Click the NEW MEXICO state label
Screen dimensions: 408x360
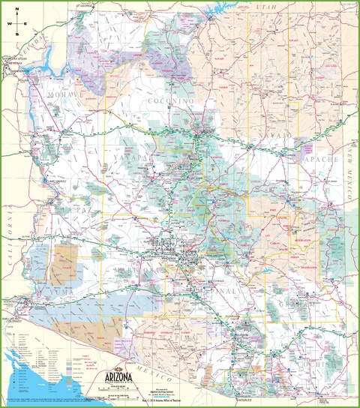pyautogui.click(x=349, y=172)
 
